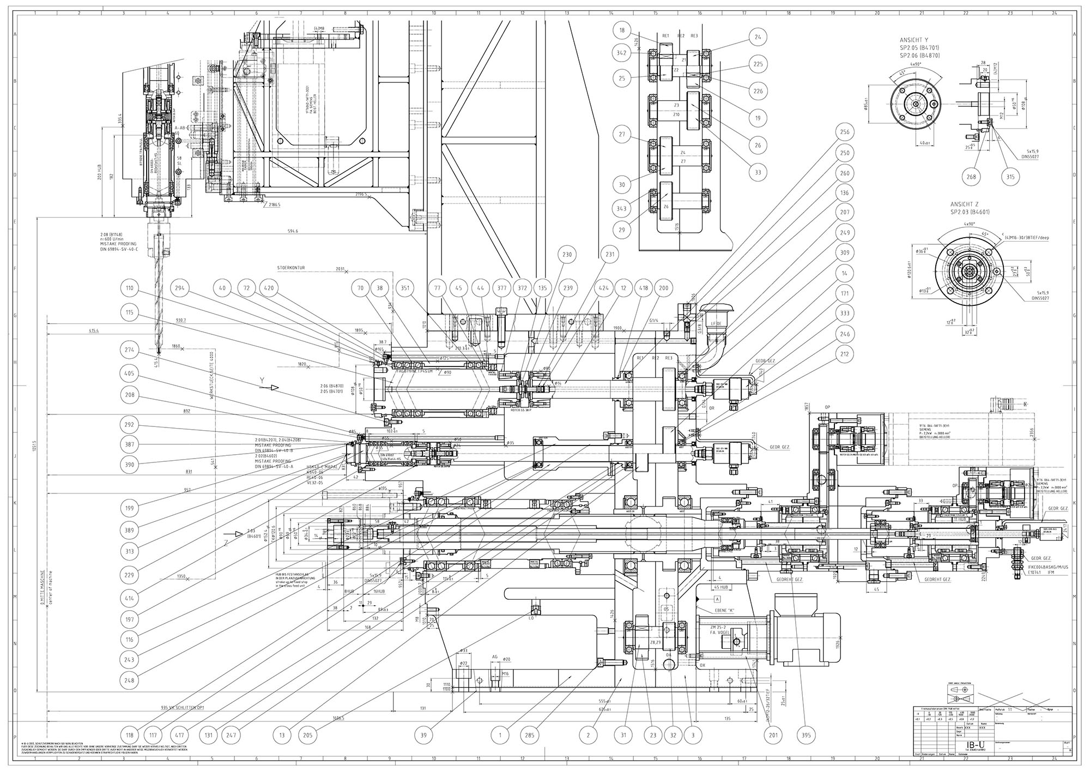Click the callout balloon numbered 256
coord(845,132)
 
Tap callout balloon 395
coord(807,735)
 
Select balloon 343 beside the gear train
coord(621,208)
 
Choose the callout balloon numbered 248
coord(130,680)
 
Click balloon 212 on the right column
coord(845,354)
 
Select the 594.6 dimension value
coord(293,231)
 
